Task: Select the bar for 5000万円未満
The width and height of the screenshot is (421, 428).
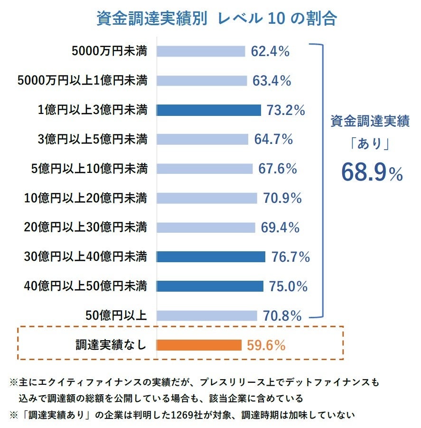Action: coord(201,51)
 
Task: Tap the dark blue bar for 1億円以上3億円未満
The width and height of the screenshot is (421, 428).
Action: coord(209,110)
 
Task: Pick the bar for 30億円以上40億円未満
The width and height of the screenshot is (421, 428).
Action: coord(211,257)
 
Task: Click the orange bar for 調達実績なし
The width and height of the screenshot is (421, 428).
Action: coord(199,345)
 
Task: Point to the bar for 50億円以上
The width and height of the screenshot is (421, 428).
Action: coord(206,315)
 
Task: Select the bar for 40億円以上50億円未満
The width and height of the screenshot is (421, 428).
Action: coord(210,286)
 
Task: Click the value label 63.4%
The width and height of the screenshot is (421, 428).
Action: coord(271,81)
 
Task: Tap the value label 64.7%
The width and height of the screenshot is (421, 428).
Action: coord(273,140)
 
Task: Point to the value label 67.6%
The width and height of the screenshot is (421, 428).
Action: coord(278,169)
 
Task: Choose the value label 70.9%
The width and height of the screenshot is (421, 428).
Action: coord(282,198)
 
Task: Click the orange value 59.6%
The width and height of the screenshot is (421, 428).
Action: coord(266,345)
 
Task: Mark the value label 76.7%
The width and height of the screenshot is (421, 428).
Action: coord(290,257)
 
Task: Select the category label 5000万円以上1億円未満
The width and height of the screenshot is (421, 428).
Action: coord(82,81)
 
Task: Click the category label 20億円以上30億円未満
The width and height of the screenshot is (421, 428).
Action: coord(86,228)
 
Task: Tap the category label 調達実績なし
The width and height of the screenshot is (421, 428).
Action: coord(111,345)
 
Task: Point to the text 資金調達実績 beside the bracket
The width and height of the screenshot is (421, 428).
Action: coord(370,122)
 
